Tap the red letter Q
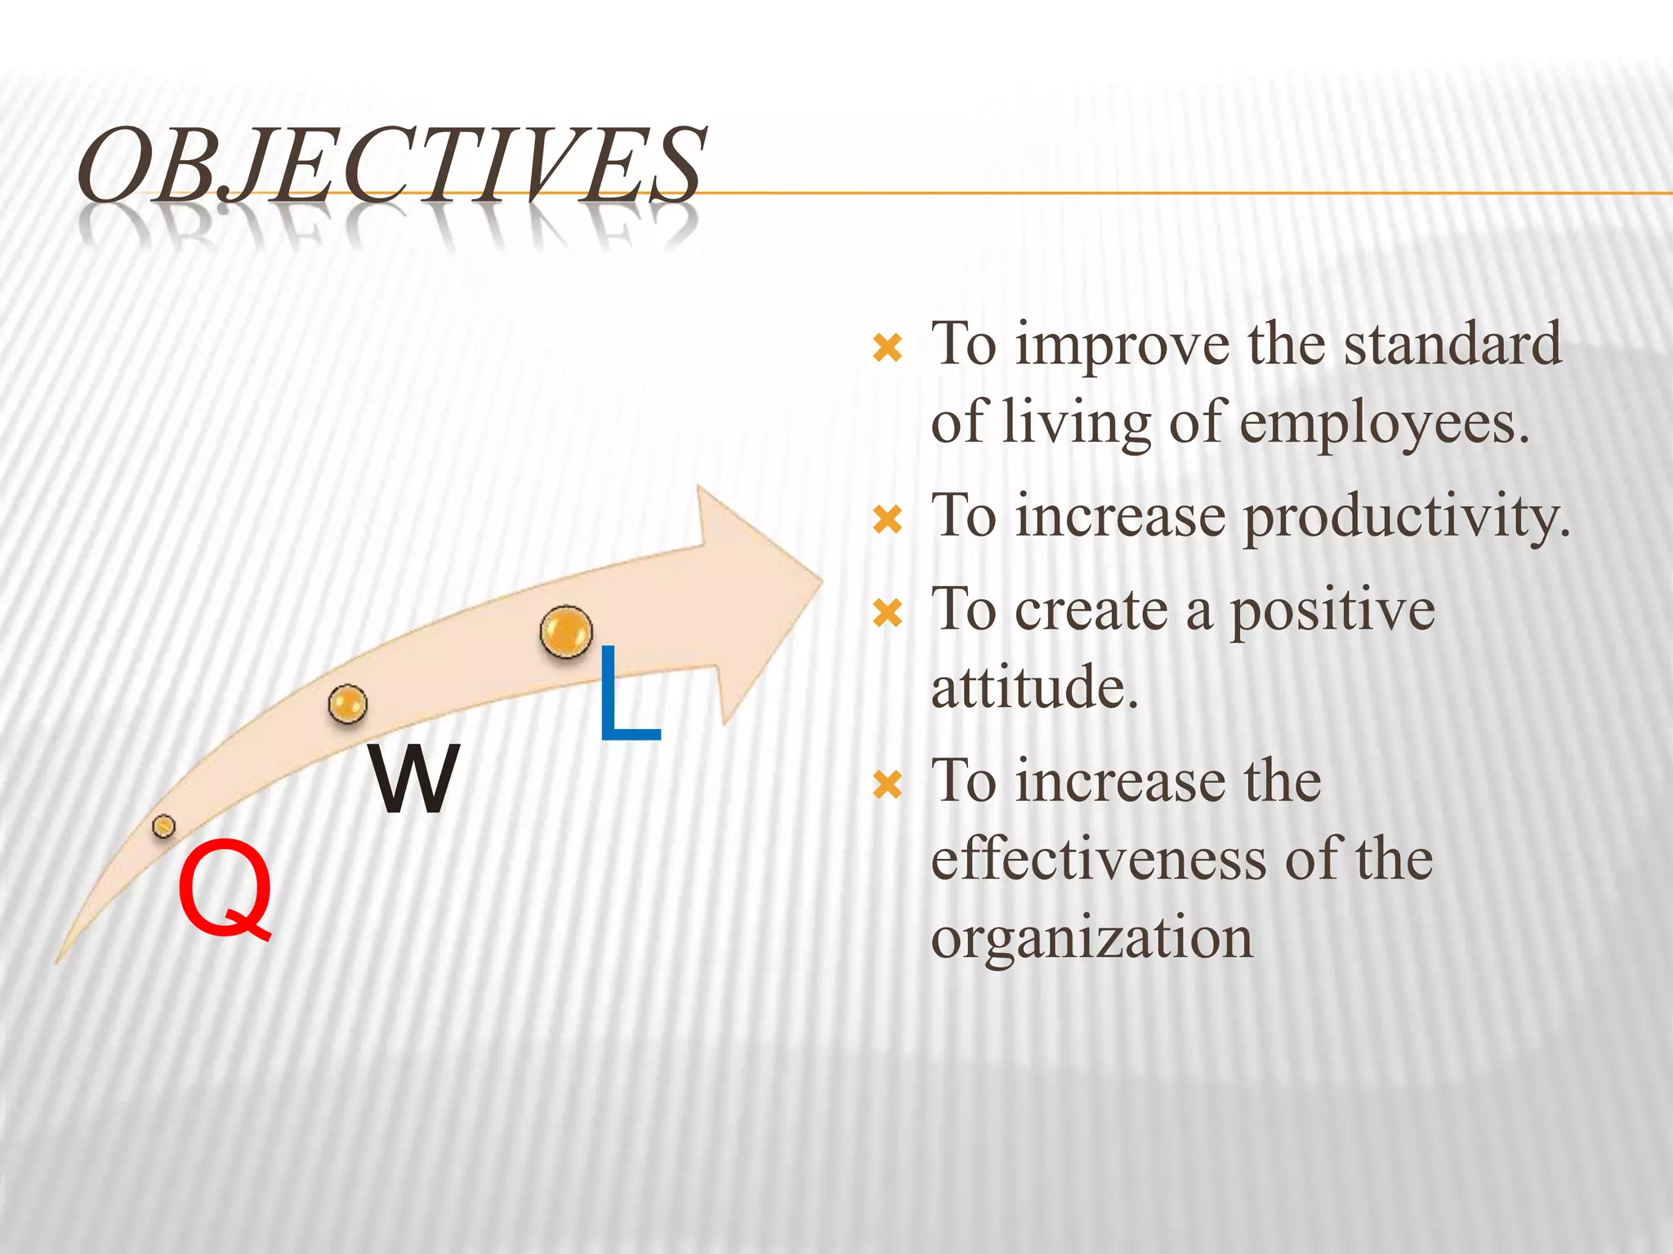[x=225, y=889]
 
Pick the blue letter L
[x=627, y=695]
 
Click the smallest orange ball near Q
[x=163, y=826]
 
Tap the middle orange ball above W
[x=347, y=704]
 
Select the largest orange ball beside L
[x=565, y=631]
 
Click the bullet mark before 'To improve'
[x=887, y=349]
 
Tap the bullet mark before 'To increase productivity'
[x=887, y=519]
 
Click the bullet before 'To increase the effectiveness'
[x=887, y=785]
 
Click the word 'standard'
[x=1452, y=345]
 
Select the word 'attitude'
[x=1033, y=687]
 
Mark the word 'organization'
[x=1091, y=939]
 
